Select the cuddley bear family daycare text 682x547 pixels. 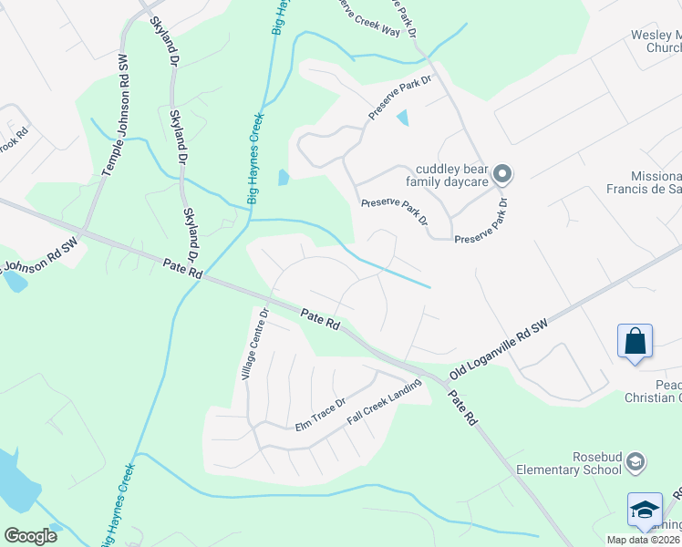[448, 174]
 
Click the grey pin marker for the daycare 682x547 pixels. [501, 173]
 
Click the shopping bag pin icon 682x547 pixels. [635, 342]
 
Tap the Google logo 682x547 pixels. [30, 536]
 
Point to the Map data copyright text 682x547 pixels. [644, 540]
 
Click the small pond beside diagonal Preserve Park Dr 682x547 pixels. [403, 118]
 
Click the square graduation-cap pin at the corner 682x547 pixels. [645, 511]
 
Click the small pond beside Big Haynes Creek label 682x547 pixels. [284, 177]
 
